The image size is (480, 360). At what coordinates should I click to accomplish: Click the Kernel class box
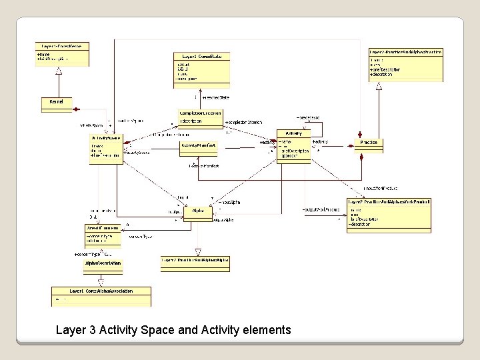(x=57, y=102)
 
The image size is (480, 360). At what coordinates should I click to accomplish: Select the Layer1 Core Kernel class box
(x=62, y=55)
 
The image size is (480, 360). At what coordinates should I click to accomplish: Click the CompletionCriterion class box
(x=201, y=117)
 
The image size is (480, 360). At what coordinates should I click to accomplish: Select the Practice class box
(x=369, y=143)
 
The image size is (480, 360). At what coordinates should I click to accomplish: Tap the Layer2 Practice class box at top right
(x=405, y=65)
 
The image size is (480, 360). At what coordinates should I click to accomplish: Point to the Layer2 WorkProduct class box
(x=389, y=215)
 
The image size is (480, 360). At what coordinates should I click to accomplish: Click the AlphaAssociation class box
(x=103, y=264)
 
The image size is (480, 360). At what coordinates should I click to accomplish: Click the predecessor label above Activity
(x=307, y=117)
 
